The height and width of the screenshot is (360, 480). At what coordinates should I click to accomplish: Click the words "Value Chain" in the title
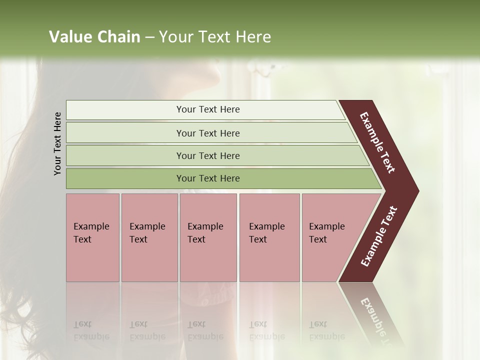click(x=94, y=37)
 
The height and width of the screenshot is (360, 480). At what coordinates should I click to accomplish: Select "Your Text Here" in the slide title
click(x=215, y=37)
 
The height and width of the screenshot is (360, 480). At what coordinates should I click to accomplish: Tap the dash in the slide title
click(x=149, y=37)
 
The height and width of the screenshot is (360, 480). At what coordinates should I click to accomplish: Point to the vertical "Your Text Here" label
click(x=57, y=143)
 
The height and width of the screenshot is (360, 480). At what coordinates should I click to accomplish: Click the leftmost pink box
click(x=92, y=237)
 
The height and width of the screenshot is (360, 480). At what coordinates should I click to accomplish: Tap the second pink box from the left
click(x=149, y=237)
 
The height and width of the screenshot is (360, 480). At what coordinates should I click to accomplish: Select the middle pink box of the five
click(x=208, y=237)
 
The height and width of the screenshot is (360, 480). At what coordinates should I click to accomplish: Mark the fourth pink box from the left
click(x=269, y=237)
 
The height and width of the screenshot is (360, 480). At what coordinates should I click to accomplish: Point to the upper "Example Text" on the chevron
click(x=377, y=142)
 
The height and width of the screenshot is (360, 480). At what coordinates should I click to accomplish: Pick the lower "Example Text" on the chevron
click(x=379, y=236)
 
